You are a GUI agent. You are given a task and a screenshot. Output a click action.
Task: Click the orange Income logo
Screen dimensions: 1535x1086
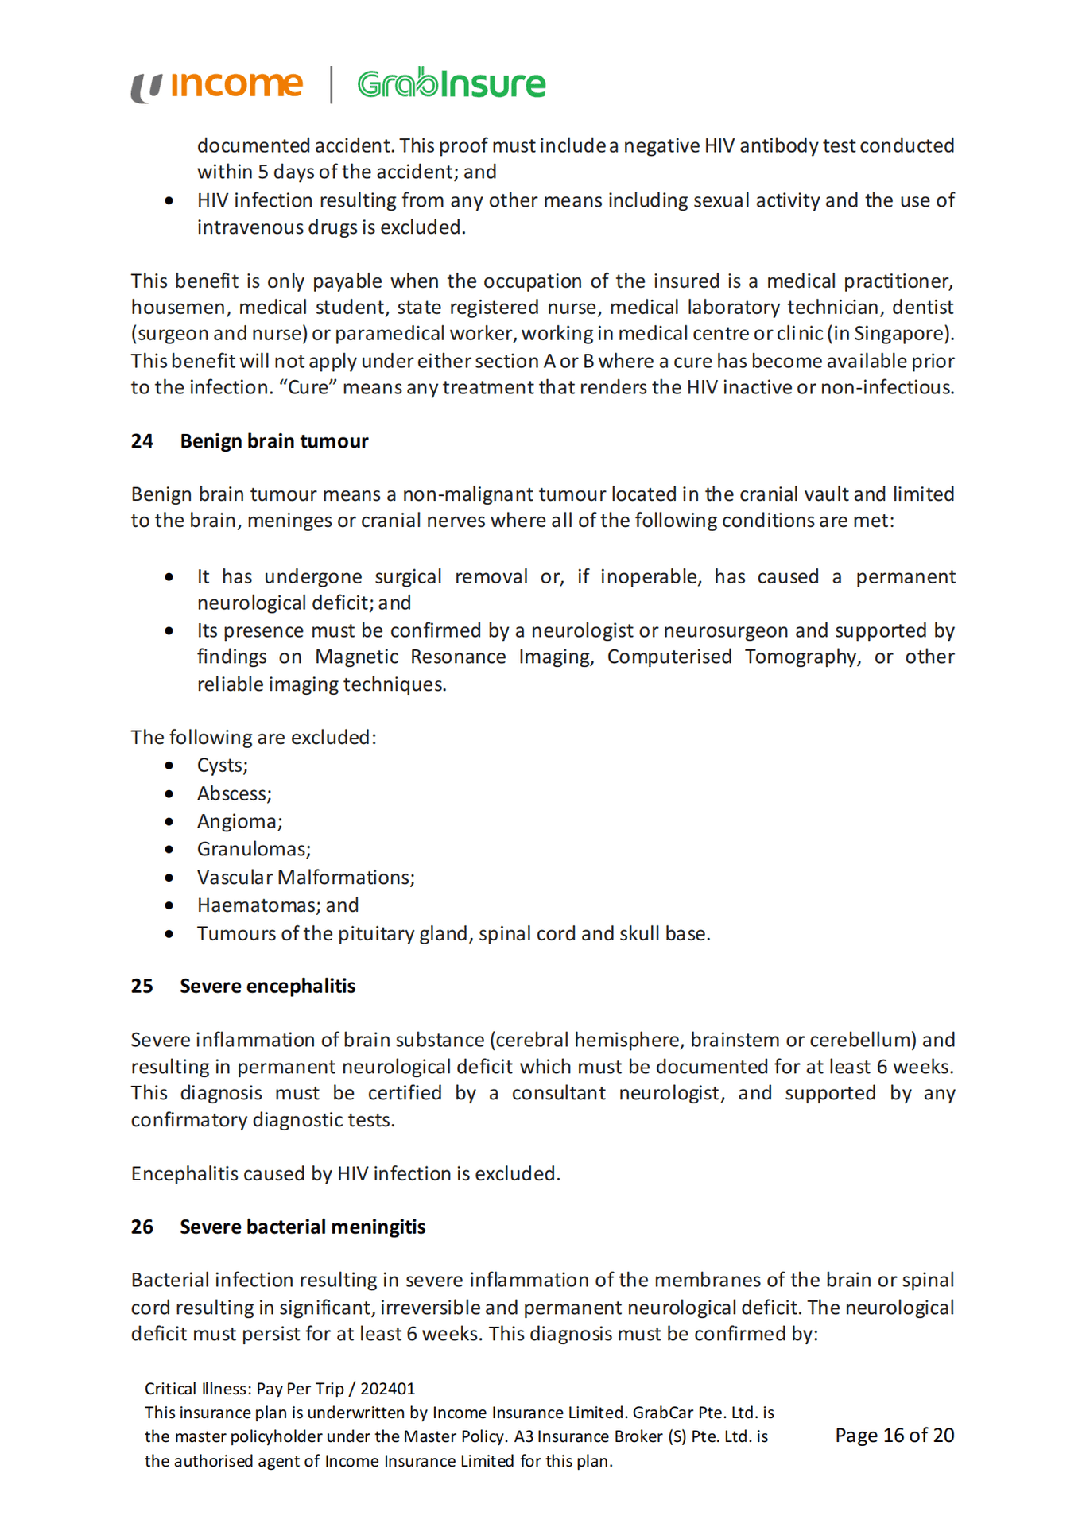217,84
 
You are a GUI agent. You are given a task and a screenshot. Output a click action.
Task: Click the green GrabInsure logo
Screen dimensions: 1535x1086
451,83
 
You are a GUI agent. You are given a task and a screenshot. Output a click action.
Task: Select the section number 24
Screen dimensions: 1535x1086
142,441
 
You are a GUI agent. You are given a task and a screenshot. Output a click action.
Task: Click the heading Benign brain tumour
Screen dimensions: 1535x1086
273,441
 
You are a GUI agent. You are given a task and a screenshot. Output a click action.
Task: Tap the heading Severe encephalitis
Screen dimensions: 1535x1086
267,986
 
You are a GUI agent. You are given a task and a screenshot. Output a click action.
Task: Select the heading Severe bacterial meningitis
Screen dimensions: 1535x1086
302,1227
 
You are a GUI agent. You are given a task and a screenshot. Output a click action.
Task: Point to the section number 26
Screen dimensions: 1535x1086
142,1227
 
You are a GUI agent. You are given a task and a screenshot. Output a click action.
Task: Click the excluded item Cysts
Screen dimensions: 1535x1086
222,766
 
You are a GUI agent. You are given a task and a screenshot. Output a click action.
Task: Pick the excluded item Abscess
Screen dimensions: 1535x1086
234,793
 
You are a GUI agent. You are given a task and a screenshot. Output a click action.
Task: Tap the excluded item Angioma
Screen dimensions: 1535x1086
239,821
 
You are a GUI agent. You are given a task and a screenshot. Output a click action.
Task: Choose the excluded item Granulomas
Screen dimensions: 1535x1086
253,849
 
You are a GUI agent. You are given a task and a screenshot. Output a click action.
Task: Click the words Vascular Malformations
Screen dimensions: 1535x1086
305,877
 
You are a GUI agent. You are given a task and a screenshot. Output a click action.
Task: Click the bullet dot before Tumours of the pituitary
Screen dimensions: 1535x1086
169,933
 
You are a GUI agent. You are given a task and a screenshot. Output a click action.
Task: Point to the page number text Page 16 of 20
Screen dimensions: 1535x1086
894,1435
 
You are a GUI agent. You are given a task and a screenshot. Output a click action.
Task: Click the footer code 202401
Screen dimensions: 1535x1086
387,1389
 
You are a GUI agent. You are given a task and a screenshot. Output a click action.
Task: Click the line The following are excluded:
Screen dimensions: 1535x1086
253,737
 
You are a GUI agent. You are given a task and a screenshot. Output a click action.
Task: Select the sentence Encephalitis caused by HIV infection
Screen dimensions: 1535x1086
345,1173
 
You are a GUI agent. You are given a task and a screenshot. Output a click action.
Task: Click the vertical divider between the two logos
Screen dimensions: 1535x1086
331,84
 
